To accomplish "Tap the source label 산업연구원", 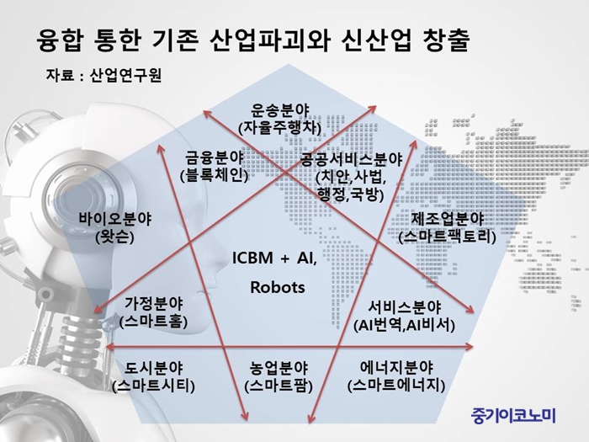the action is [x=126, y=76].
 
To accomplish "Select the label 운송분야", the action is [x=280, y=110].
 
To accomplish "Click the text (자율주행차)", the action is [x=280, y=128].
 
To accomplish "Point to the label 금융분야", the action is [x=215, y=157].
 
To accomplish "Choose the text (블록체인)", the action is [x=214, y=175].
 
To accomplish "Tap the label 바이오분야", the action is [x=115, y=219].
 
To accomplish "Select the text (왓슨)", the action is [x=115, y=237].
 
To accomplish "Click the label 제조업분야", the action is [x=447, y=219].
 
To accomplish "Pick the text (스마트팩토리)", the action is [x=447, y=237].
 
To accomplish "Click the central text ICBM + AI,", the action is [x=274, y=258].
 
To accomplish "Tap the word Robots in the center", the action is [x=278, y=287].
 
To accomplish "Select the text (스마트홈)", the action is [x=153, y=322].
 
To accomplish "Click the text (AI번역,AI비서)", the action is [x=404, y=325].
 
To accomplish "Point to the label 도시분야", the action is [x=153, y=368].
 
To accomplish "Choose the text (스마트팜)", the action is [x=279, y=386].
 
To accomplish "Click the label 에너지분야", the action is [x=396, y=368].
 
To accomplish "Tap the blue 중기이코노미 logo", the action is [x=512, y=415].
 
